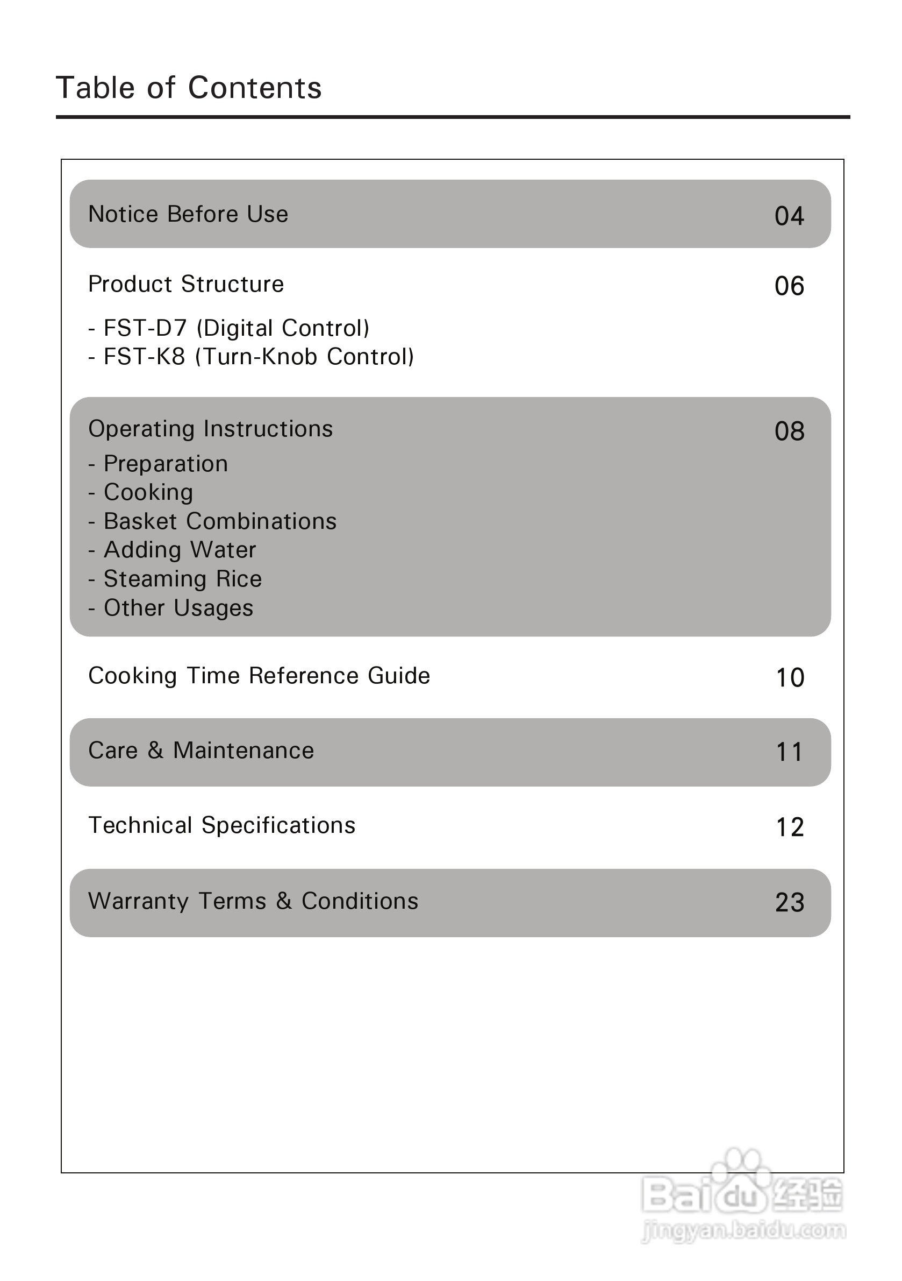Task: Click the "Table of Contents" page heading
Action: [x=189, y=88]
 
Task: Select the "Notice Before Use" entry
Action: [x=189, y=214]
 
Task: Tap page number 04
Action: [x=789, y=216]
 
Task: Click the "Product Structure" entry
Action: [x=186, y=285]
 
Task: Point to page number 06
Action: [x=789, y=286]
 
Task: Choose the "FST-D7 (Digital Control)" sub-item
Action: [x=229, y=329]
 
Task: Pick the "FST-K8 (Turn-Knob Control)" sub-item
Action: [x=252, y=357]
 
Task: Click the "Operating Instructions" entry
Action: [x=211, y=429]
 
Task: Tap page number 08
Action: [x=789, y=431]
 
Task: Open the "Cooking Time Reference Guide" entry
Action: [x=259, y=676]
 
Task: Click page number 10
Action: [x=790, y=678]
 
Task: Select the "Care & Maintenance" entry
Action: [x=201, y=751]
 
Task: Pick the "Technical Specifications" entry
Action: [x=222, y=826]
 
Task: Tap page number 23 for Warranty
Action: [x=790, y=903]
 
